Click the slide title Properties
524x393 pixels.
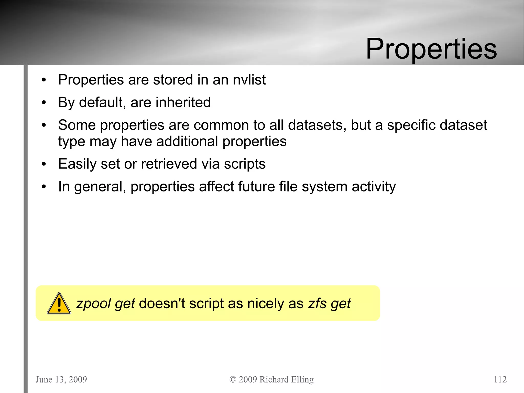coord(431,49)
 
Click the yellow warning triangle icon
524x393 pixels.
coord(59,304)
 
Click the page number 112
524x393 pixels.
coord(500,379)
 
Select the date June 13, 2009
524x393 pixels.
coord(61,379)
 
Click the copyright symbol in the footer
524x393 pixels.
coord(233,379)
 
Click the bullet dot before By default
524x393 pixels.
coord(44,103)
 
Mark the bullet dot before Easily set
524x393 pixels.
coord(44,164)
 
